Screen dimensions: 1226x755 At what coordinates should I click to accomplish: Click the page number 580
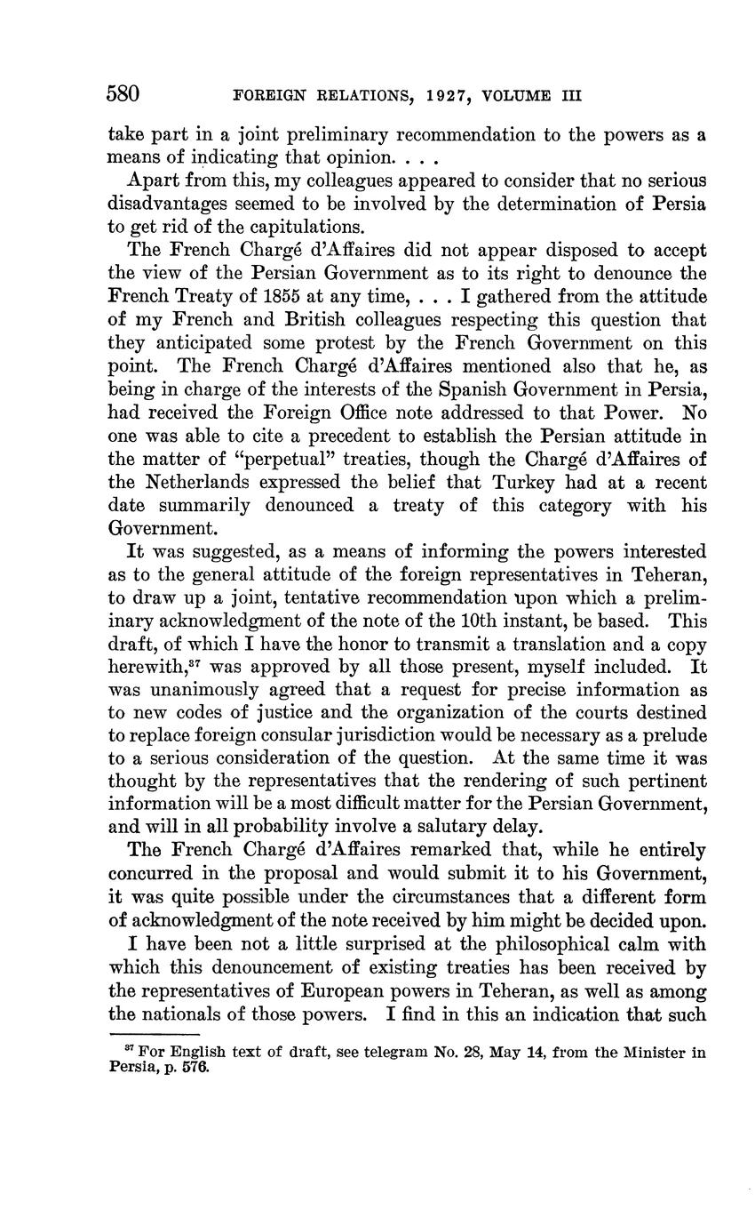[x=125, y=94]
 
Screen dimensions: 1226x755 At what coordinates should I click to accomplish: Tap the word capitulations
[x=288, y=226]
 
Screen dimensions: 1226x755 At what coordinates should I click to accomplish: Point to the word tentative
[x=293, y=597]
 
